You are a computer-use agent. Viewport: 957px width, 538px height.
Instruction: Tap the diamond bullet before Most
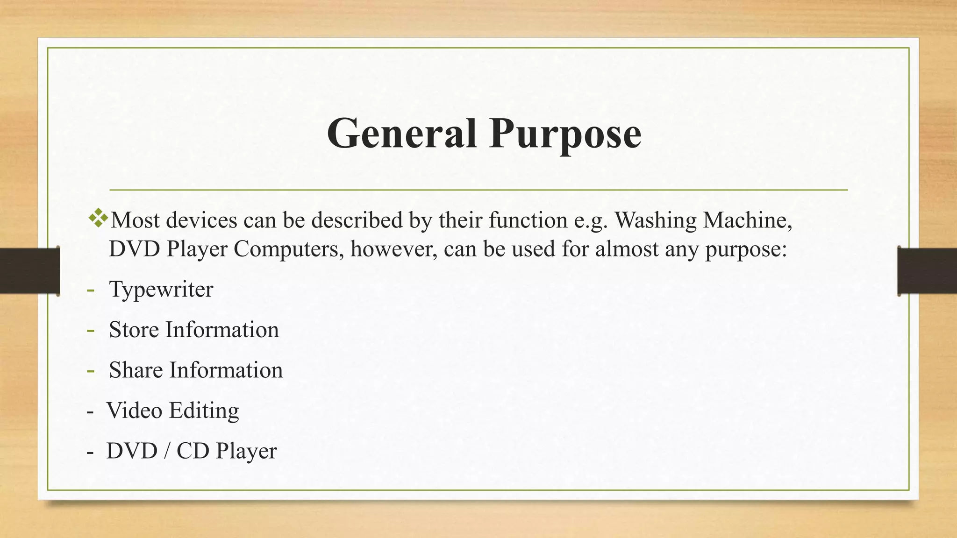(98, 218)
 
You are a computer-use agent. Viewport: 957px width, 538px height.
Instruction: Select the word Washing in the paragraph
(655, 220)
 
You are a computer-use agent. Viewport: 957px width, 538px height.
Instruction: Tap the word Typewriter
(161, 290)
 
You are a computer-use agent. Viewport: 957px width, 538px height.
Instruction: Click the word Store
(134, 330)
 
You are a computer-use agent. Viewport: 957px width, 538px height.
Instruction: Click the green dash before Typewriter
(90, 290)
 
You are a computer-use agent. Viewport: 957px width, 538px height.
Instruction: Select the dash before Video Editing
(90, 411)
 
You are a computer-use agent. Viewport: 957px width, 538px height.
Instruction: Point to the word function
(528, 220)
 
